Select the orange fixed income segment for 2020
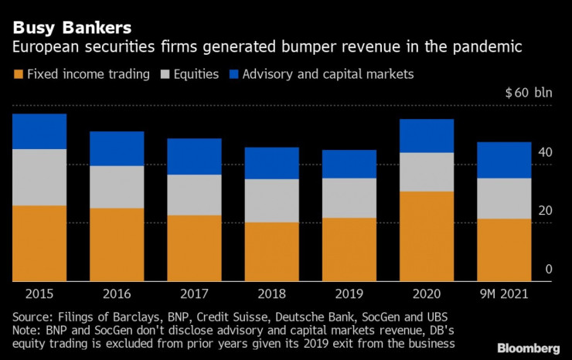pyautogui.click(x=426, y=236)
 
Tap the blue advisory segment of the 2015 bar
pyautogui.click(x=39, y=131)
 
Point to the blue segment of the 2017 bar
pyautogui.click(x=194, y=157)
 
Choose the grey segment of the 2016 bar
pyautogui.click(x=117, y=187)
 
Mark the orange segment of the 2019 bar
pyautogui.click(x=349, y=250)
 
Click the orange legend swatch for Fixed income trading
pyautogui.click(x=18, y=75)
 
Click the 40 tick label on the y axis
pyautogui.click(x=546, y=153)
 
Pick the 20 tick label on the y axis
pyautogui.click(x=546, y=211)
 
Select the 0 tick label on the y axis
pyautogui.click(x=549, y=270)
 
